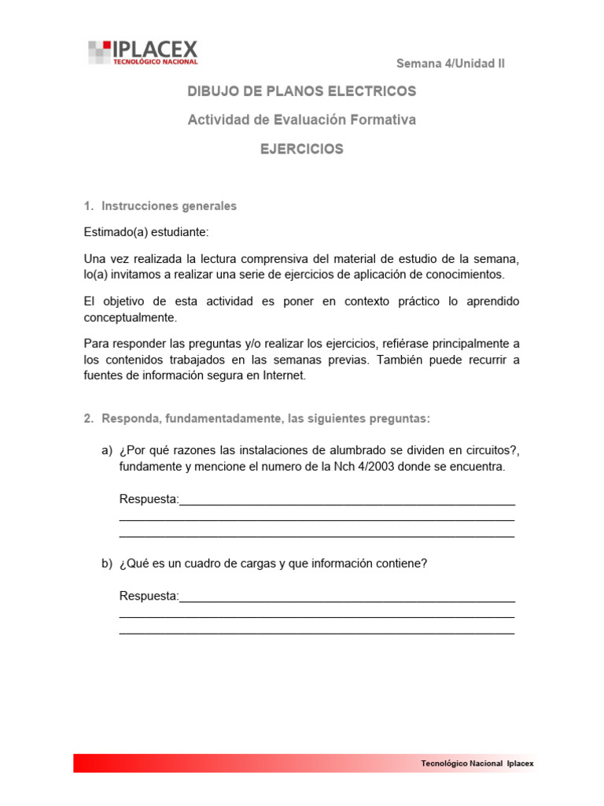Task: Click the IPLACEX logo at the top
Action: [x=143, y=52]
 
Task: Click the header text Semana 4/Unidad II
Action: [x=450, y=64]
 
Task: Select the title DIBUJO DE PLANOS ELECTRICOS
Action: [x=301, y=91]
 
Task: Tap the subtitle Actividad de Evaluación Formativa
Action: [x=301, y=120]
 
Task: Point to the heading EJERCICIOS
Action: [x=302, y=149]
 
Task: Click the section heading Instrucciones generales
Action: [x=169, y=206]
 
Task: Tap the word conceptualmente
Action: [x=131, y=318]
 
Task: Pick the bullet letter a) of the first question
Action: [x=106, y=450]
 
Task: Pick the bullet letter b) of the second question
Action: [x=106, y=564]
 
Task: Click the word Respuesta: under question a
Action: [x=149, y=500]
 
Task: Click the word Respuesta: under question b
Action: [x=149, y=597]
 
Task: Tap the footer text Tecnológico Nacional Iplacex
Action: [x=477, y=763]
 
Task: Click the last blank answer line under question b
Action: [x=317, y=632]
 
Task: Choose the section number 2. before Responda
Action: [x=89, y=419]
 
